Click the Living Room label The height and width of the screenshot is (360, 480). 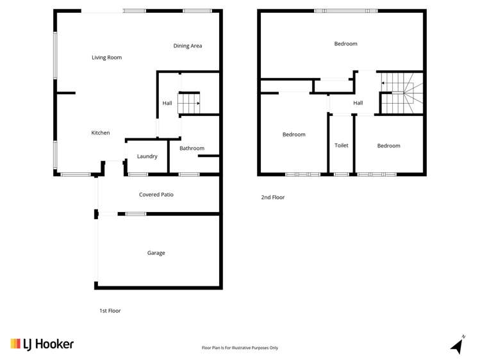(x=106, y=58)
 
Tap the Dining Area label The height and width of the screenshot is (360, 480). (x=188, y=45)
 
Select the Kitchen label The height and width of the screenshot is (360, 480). (x=101, y=133)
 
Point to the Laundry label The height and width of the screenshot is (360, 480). (x=147, y=156)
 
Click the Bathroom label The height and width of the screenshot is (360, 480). (x=192, y=149)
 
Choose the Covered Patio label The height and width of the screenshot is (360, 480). (x=156, y=194)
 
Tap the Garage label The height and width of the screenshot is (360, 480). (x=156, y=253)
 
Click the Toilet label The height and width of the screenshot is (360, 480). (x=342, y=145)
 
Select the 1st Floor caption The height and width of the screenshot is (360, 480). (x=110, y=311)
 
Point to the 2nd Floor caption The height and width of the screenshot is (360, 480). (x=273, y=197)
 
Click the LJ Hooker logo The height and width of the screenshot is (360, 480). (x=42, y=344)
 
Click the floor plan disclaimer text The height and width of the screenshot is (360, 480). (x=240, y=348)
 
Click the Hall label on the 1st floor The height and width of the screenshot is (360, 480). (x=167, y=103)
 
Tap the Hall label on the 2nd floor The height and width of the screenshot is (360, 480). (x=358, y=102)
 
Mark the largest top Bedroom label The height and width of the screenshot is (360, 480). (x=346, y=44)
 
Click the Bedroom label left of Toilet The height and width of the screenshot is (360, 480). (x=294, y=135)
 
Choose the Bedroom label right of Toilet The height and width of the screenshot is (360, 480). (x=388, y=145)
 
